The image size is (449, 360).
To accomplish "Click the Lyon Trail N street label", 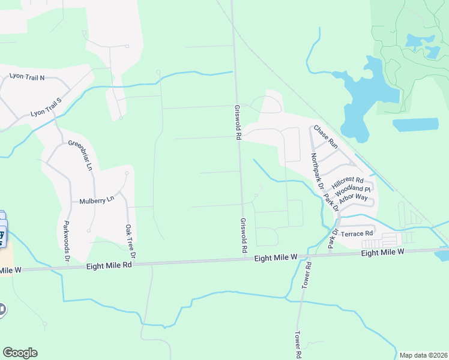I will pos(26,77).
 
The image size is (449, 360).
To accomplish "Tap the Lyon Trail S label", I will pos(47,107).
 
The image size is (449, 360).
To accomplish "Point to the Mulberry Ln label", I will pos(96,201).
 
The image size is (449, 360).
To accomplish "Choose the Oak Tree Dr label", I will pos(129,242).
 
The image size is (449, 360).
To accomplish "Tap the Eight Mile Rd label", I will pos(109,265).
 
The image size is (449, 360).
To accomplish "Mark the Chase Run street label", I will pos(325,137).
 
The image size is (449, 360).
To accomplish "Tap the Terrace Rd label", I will pos(357,233).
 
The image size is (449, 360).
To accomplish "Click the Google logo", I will pos(20,353).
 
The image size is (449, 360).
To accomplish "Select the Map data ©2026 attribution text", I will pos(423,355).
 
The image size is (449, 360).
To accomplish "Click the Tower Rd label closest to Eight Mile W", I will pos(308,272).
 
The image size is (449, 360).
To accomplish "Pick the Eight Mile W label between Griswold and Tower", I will pos(276,257).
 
